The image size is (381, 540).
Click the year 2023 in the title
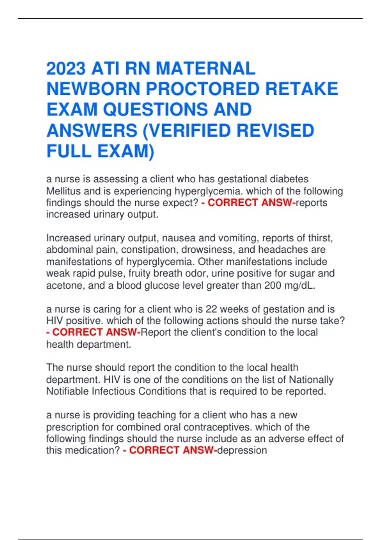tap(66, 69)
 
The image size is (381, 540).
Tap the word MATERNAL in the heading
tap(205, 69)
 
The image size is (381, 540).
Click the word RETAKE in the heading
tap(302, 89)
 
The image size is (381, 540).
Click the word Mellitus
tap(63, 191)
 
